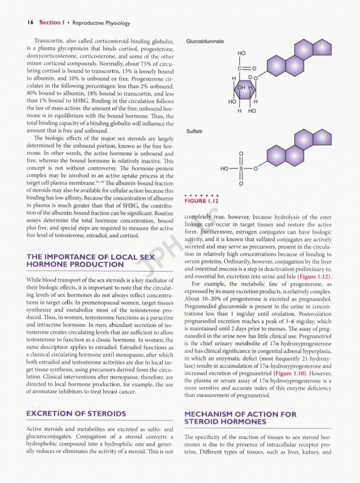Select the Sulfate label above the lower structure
coord(194,131)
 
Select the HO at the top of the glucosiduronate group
coord(242,54)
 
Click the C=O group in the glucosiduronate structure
coord(244,68)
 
